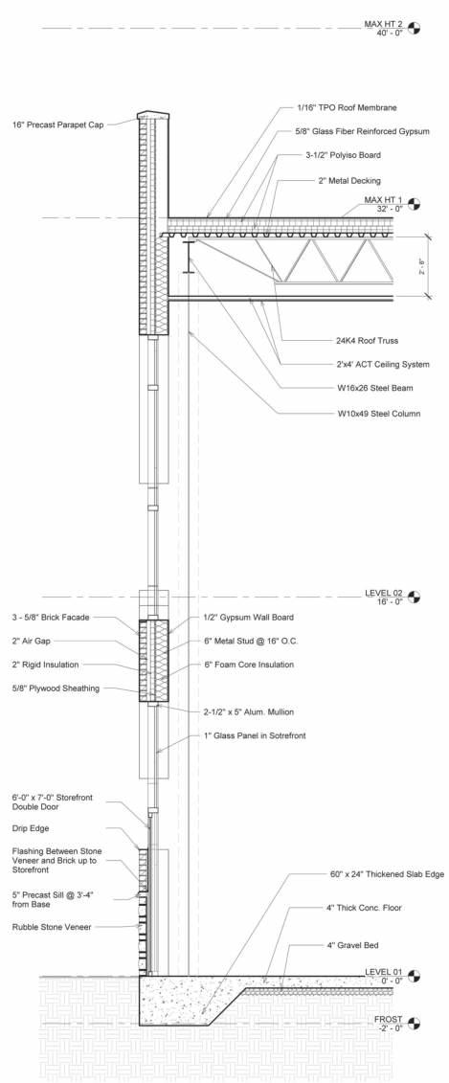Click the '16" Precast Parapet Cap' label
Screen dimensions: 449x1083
point(58,125)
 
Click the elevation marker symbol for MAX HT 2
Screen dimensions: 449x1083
point(415,29)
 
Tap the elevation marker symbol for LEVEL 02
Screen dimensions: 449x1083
point(415,597)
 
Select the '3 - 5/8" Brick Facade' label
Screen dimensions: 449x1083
point(51,618)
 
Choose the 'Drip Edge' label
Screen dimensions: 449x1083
point(31,828)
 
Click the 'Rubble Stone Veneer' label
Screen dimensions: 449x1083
point(52,927)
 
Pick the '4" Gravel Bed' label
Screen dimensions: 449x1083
point(352,945)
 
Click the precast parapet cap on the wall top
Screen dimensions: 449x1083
point(153,115)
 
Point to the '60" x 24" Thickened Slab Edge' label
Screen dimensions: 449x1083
point(369,874)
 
